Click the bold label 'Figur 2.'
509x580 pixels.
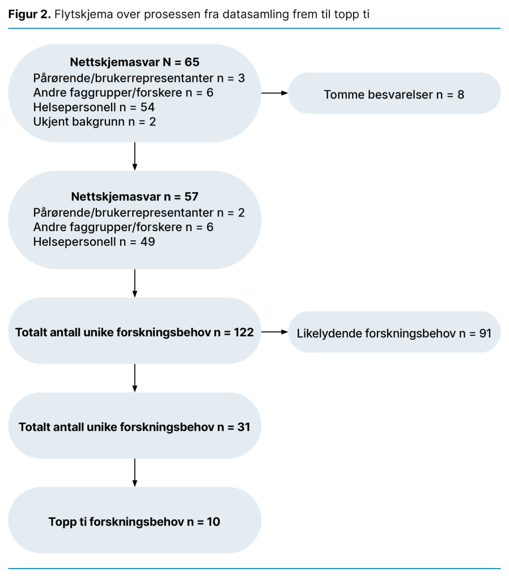tap(29, 14)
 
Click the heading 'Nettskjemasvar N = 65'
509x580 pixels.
tap(134, 62)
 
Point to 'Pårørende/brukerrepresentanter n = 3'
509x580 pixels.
tap(139, 78)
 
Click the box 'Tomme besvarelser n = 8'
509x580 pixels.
tap(394, 94)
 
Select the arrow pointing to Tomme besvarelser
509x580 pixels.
tap(274, 93)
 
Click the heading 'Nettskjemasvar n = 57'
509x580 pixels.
tap(134, 197)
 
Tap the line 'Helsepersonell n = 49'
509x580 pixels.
tap(94, 242)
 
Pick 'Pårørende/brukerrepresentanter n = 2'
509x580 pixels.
tap(139, 212)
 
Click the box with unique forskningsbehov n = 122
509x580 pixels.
tap(134, 332)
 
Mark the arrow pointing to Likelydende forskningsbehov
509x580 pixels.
tap(274, 332)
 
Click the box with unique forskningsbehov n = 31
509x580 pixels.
tap(134, 427)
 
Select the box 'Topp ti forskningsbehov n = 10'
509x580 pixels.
tap(134, 522)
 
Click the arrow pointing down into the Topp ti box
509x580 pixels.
tap(134, 472)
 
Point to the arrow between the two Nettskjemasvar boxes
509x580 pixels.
tap(134, 156)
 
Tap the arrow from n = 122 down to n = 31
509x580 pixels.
tap(134, 377)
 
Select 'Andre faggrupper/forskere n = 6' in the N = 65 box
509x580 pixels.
tap(124, 92)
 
